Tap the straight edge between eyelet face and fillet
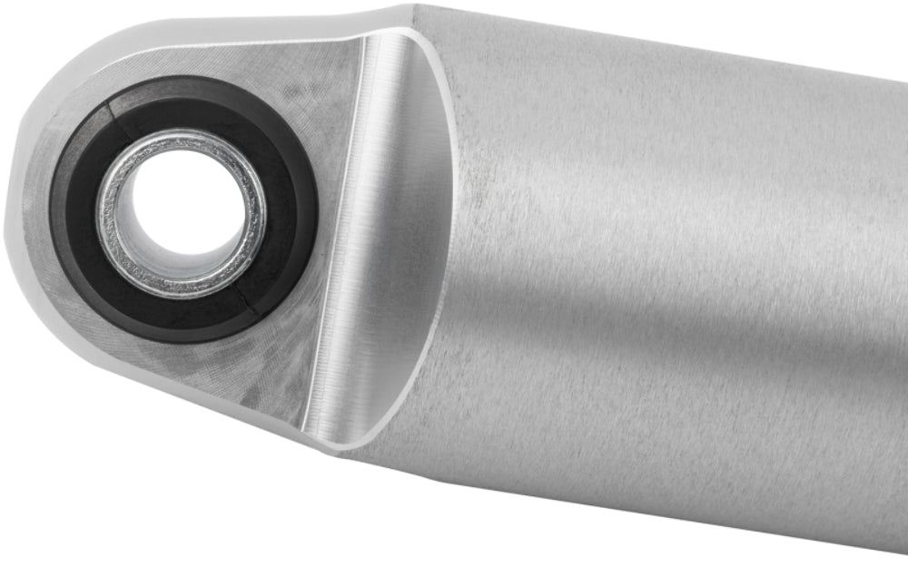coord(336,227)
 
